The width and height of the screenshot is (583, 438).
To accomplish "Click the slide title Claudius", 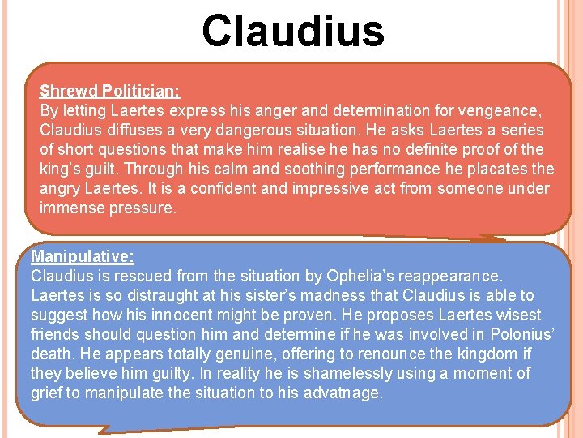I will [292, 31].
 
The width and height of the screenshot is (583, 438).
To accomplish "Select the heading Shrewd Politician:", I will [109, 91].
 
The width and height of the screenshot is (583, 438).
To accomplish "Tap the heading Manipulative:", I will [83, 256].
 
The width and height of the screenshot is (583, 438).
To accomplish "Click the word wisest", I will [515, 315].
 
